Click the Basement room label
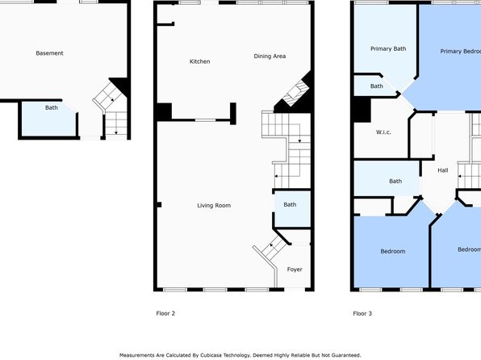pos(49,53)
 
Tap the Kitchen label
pos(199,61)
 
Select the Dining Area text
pos(270,57)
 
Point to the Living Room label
pos(214,205)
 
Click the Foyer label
pos(295,269)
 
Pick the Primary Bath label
pos(388,48)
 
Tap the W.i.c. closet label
pos(383,132)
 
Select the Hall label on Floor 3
pos(442,170)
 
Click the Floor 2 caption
pos(165,313)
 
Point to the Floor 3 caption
pos(362,313)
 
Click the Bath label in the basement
pos(51,107)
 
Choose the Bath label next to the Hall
pos(395,181)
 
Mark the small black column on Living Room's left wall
pos(159,205)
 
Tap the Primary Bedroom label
pos(461,51)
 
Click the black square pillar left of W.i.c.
pos(362,110)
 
